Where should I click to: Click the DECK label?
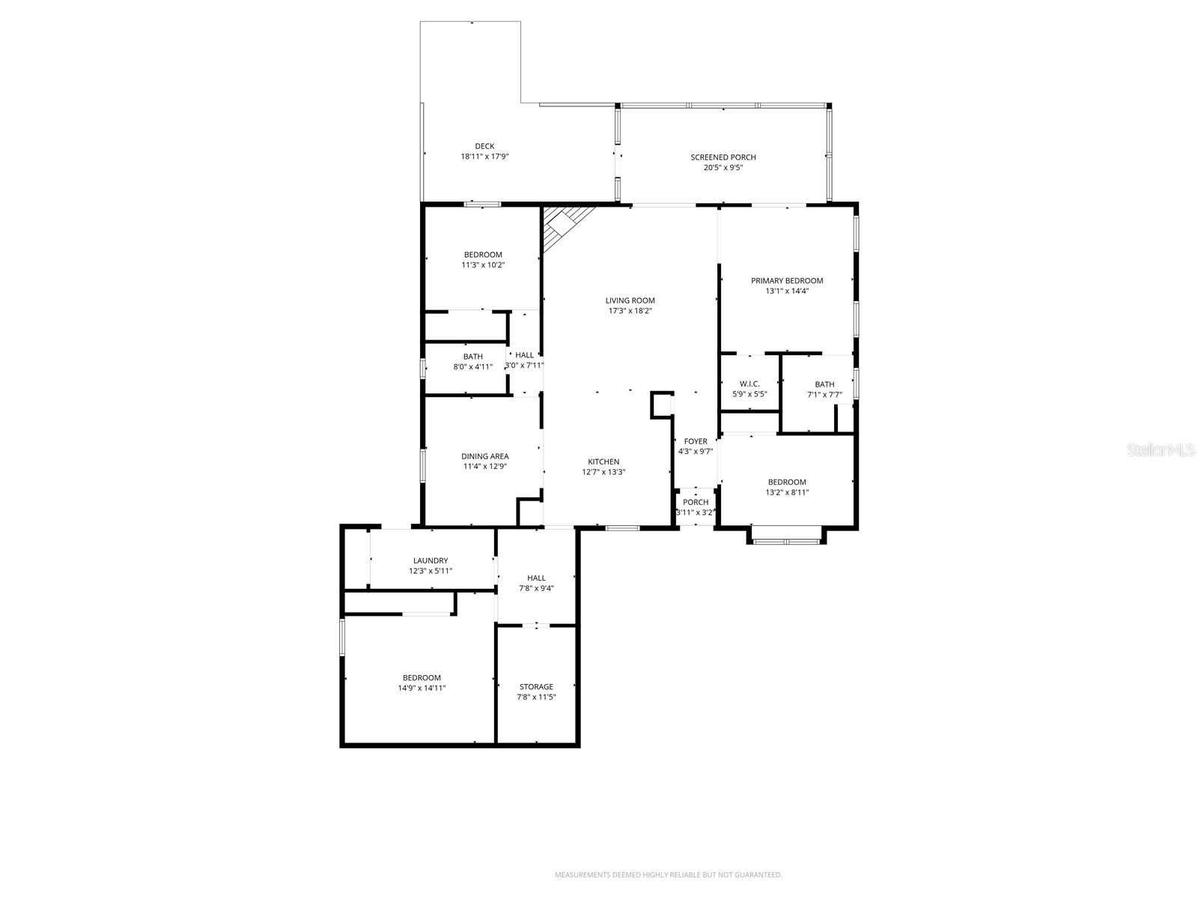pyautogui.click(x=484, y=146)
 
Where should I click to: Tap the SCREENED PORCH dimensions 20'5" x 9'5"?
pyautogui.click(x=723, y=168)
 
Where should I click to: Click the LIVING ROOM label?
pyautogui.click(x=630, y=300)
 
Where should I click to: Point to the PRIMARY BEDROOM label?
pyautogui.click(x=787, y=281)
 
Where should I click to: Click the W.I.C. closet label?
pyautogui.click(x=749, y=384)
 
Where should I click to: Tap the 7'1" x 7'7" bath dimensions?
pyautogui.click(x=824, y=394)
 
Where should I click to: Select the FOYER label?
pyautogui.click(x=695, y=441)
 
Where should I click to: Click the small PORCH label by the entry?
pyautogui.click(x=695, y=502)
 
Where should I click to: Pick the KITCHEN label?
pyautogui.click(x=603, y=461)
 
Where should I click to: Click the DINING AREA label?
pyautogui.click(x=484, y=456)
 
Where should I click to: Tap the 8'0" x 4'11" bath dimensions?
pyautogui.click(x=472, y=366)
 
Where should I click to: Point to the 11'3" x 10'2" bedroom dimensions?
pyautogui.click(x=483, y=264)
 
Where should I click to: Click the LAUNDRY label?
pyautogui.click(x=431, y=560)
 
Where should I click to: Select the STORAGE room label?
pyautogui.click(x=536, y=686)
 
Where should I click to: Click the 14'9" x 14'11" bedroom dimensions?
pyautogui.click(x=422, y=688)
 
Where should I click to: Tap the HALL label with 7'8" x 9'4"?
pyautogui.click(x=536, y=578)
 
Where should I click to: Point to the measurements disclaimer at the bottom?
pyautogui.click(x=668, y=874)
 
